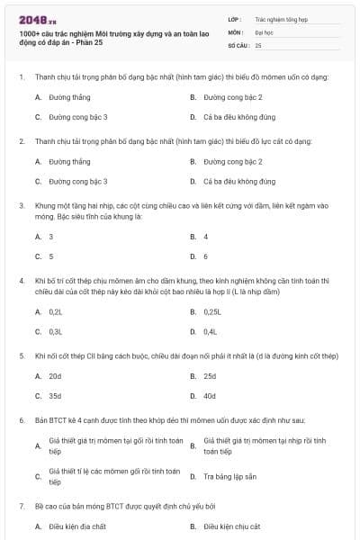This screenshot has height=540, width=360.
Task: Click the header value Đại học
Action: pos(265,31)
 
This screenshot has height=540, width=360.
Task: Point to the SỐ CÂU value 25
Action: pos(258,44)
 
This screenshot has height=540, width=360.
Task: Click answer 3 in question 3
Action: pos(51,237)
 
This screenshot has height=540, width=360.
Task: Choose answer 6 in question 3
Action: pos(206,256)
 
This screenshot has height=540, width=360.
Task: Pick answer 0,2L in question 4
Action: pos(56,311)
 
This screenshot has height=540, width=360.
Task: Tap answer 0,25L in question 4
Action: pos(212,311)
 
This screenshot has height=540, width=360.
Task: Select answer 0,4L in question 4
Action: pos(211,332)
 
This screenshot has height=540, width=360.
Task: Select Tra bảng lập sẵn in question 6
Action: pos(230,476)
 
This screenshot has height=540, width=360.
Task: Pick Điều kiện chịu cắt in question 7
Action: pos(232,526)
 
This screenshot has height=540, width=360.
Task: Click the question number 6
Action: pos(21,420)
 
